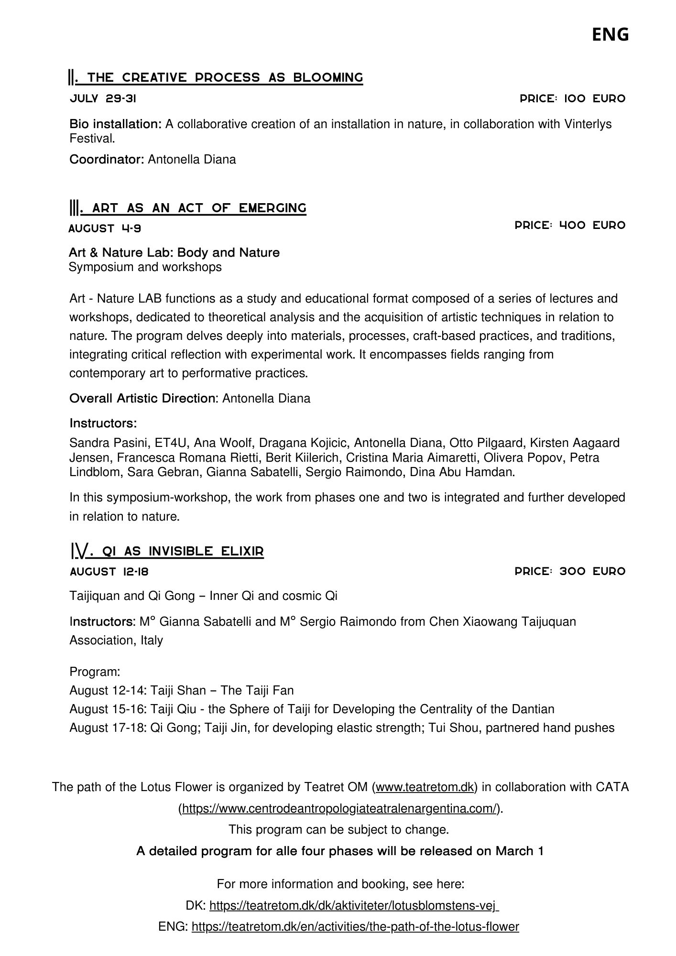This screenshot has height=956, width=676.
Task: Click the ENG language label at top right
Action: point(610,35)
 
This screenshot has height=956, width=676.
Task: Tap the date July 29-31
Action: point(103,99)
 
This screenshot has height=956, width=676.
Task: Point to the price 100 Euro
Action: point(572,99)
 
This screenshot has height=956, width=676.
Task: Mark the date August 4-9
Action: point(105,228)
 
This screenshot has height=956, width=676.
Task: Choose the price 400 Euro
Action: point(570,225)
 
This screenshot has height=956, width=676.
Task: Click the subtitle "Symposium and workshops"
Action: point(145,267)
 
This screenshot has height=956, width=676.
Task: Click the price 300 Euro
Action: point(570,571)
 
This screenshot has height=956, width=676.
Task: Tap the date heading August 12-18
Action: point(109,572)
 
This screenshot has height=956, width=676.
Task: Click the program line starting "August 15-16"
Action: point(312,709)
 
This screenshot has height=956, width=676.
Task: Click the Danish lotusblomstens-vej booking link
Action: point(354,906)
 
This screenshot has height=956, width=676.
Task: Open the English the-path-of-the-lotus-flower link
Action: point(355,927)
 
